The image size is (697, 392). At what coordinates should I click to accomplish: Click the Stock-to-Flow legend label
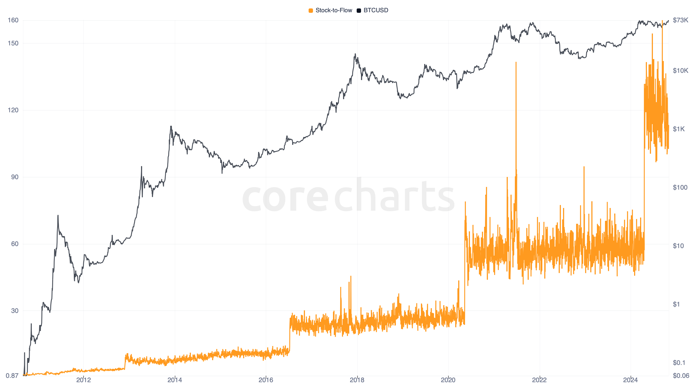coord(334,10)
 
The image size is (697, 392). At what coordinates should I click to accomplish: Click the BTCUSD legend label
coord(376,10)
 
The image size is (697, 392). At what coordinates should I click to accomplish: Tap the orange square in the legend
coord(311,11)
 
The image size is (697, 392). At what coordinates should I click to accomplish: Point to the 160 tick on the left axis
coord(13,20)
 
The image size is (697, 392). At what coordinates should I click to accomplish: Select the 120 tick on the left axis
coord(13,110)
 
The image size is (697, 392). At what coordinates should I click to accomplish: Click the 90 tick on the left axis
coord(15,177)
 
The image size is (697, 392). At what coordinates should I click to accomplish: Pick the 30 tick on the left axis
coord(15,311)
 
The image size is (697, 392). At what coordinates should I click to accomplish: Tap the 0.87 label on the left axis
coord(12,376)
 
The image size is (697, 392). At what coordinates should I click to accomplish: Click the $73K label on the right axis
coord(680,20)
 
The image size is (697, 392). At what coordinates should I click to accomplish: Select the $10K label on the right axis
coord(680,71)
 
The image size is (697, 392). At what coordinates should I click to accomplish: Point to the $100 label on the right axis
coord(680,187)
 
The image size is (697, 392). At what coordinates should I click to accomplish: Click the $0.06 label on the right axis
coord(681,376)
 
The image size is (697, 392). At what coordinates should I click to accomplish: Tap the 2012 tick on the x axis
coord(84,380)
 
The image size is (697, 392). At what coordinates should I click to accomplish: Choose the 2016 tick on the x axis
coord(266,380)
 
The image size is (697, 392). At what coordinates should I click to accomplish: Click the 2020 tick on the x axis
coord(448,380)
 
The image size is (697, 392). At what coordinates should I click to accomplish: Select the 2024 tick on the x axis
coord(630,380)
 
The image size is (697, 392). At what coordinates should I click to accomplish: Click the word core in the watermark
coord(285,197)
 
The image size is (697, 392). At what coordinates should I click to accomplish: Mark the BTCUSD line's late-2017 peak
coord(355,54)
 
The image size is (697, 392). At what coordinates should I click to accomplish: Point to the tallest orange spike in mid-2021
coord(516,63)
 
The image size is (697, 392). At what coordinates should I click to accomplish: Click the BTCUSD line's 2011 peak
coord(58,216)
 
